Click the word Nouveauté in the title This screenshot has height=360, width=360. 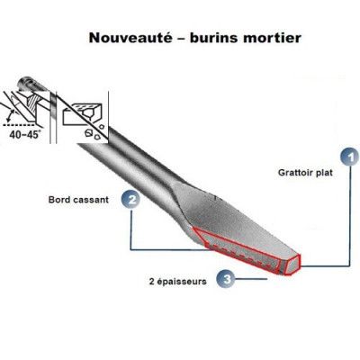pyautogui.click(x=130, y=38)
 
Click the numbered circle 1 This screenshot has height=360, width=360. pyautogui.click(x=350, y=157)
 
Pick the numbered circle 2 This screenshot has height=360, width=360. pyautogui.click(x=131, y=200)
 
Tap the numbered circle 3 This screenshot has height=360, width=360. pyautogui.click(x=227, y=279)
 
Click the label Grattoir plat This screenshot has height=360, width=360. pyautogui.click(x=305, y=173)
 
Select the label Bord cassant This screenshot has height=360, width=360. pyautogui.click(x=78, y=200)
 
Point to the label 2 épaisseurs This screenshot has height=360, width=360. pyautogui.click(x=178, y=282)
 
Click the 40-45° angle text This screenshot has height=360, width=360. pyautogui.click(x=24, y=134)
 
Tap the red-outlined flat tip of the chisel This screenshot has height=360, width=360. pyautogui.click(x=292, y=265)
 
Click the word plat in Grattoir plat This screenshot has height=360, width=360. pyautogui.click(x=324, y=173)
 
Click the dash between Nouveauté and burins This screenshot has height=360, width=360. pyautogui.click(x=181, y=39)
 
